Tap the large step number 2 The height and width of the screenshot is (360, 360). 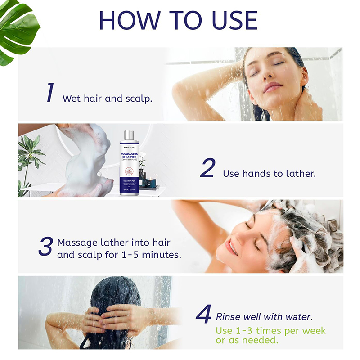(207, 168)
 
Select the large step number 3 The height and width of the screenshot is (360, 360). (45, 246)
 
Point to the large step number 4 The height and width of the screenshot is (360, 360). (203, 314)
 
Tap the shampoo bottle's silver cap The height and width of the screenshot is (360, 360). (129, 135)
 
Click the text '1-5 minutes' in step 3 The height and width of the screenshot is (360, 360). (151, 254)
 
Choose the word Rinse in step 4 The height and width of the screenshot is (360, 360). (228, 317)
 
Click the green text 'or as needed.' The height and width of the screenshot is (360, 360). (247, 341)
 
